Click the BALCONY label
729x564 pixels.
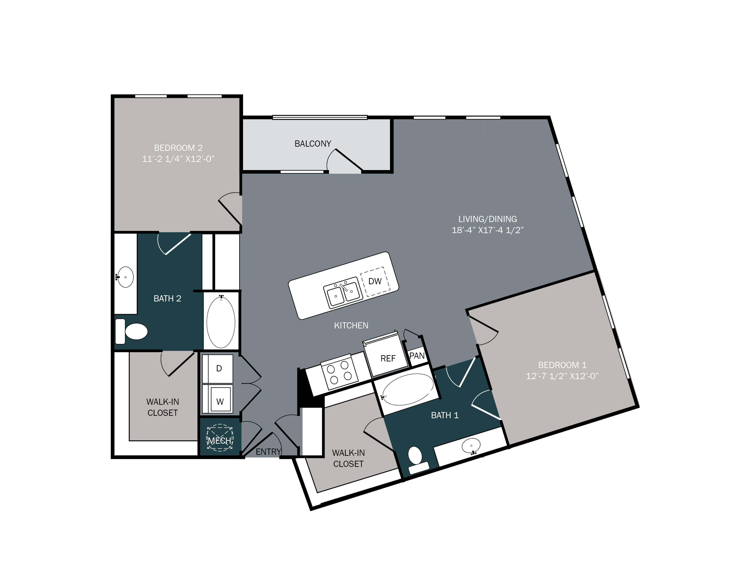tap(313, 144)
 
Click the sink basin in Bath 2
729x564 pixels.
tap(125, 277)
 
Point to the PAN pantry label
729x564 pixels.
tap(417, 355)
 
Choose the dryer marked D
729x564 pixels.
tap(219, 368)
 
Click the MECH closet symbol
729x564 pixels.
tap(219, 438)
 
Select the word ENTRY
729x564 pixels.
tap(268, 452)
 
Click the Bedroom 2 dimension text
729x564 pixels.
tap(178, 159)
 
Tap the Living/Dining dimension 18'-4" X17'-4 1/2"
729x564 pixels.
tap(487, 230)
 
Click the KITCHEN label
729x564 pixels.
tap(351, 325)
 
